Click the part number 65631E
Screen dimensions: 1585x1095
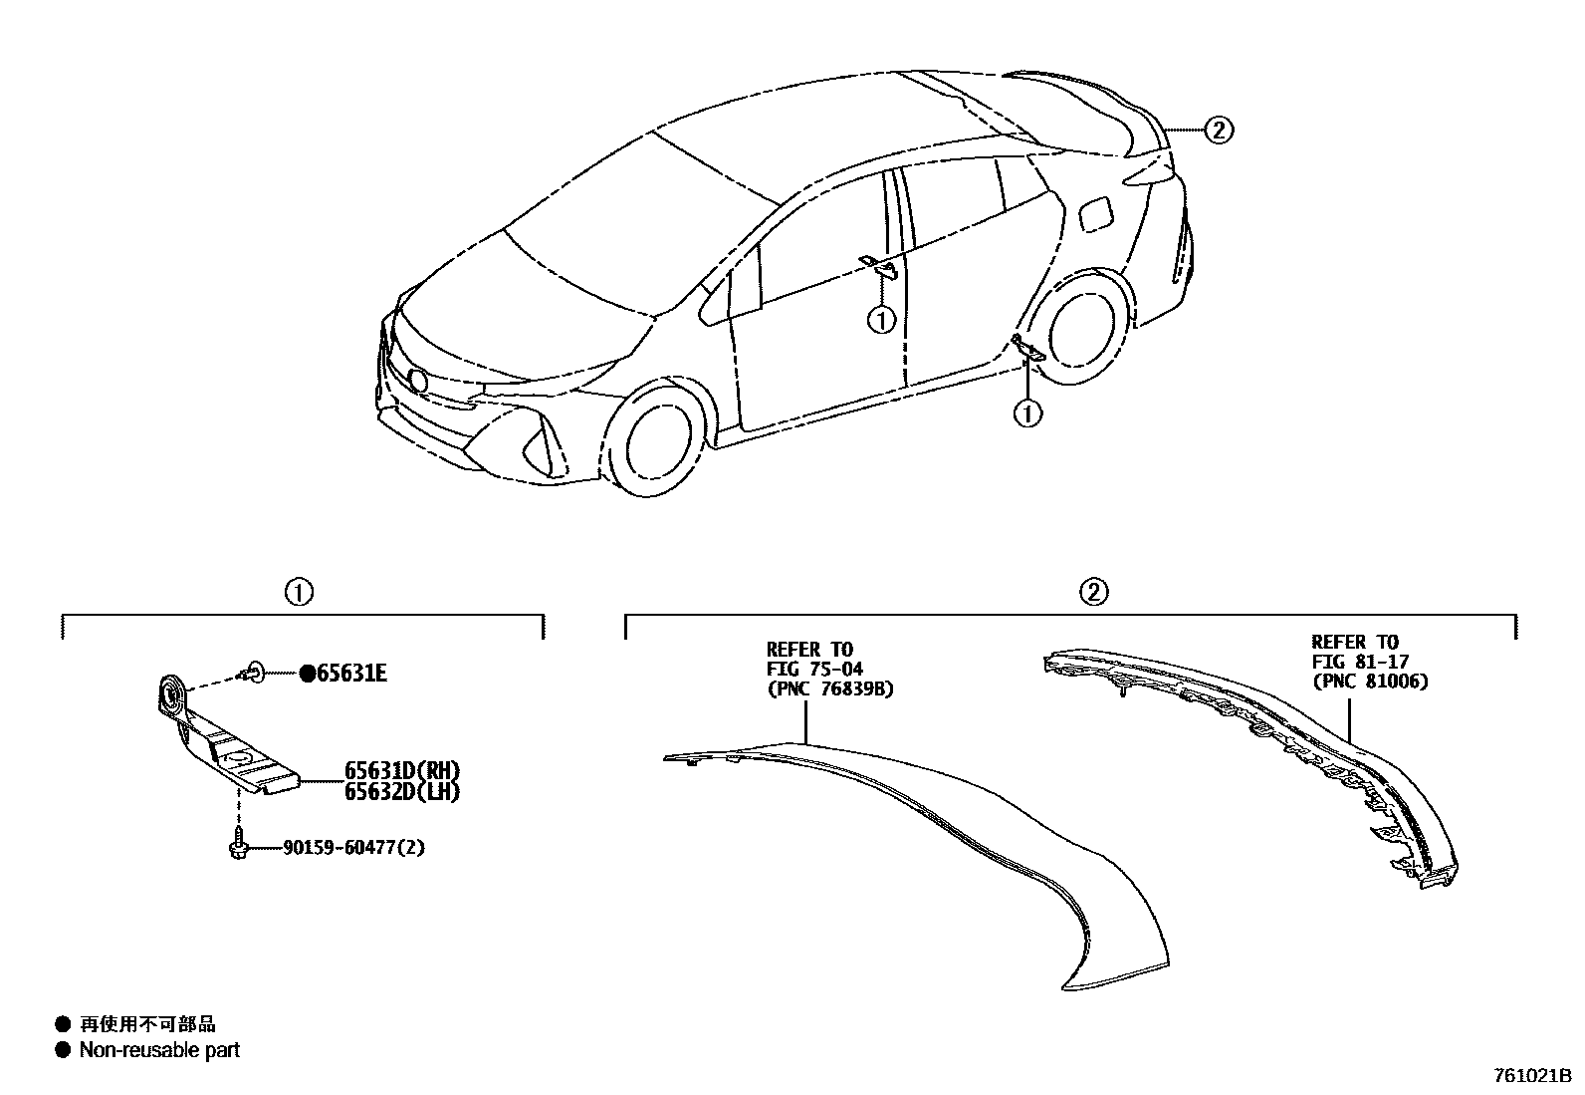(351, 675)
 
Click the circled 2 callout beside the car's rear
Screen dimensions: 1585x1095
(1219, 130)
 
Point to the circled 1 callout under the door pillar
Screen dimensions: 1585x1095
(881, 320)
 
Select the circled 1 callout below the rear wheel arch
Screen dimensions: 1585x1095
(1026, 411)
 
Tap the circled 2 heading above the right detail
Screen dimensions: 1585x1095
(1093, 592)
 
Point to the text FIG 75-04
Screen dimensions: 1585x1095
(813, 670)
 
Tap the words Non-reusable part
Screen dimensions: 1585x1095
(159, 1049)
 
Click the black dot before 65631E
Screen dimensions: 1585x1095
(308, 675)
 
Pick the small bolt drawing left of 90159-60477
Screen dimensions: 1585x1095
(237, 844)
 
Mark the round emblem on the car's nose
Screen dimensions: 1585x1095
(417, 381)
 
